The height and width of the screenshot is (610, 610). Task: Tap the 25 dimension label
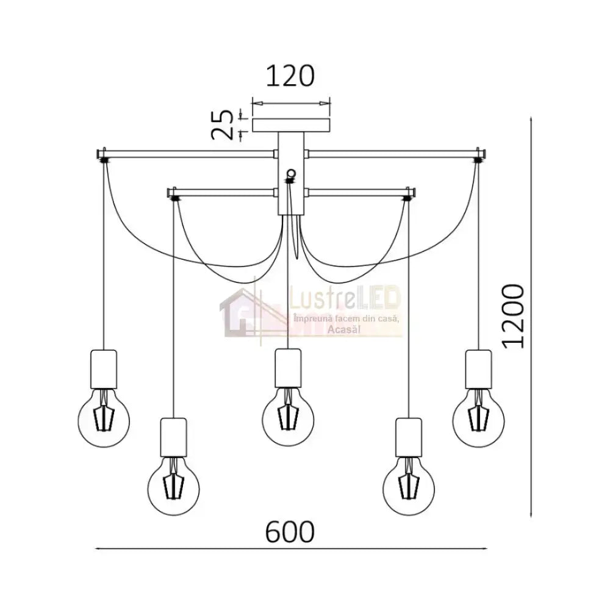point(222,124)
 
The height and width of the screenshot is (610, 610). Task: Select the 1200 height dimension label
point(513,316)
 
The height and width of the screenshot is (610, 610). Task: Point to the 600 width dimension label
point(290,531)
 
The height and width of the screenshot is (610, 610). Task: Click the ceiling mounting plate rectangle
point(291,125)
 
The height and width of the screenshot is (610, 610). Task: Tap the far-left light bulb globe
point(104,422)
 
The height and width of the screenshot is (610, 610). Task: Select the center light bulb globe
point(288,420)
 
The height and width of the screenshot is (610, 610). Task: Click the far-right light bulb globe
point(478,421)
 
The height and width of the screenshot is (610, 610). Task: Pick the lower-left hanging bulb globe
point(173,489)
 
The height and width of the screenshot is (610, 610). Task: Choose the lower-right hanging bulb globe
point(409,489)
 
